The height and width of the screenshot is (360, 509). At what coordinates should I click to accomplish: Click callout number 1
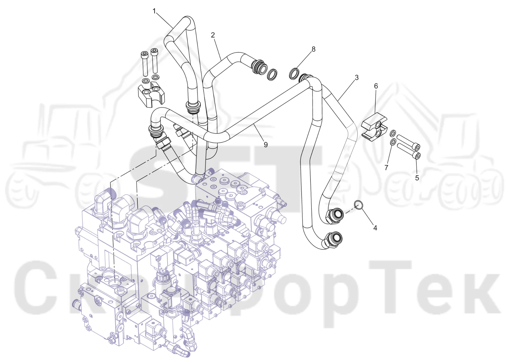[154, 11]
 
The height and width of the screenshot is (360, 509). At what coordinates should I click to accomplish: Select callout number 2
[213, 35]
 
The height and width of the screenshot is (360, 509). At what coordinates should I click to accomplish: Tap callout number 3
[357, 78]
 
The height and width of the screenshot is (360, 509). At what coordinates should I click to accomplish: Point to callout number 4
[375, 228]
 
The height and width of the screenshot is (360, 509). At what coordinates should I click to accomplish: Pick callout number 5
[417, 178]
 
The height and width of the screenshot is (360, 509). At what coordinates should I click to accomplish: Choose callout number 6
[376, 86]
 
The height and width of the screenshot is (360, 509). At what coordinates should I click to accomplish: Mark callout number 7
[386, 168]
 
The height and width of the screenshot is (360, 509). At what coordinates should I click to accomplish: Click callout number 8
[313, 49]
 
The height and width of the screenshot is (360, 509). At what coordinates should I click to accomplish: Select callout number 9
[266, 144]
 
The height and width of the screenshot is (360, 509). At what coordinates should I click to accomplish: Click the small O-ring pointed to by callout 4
[358, 205]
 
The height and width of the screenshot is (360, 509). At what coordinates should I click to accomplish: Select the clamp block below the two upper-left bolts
[151, 95]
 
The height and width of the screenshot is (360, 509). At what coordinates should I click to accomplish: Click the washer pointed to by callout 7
[393, 142]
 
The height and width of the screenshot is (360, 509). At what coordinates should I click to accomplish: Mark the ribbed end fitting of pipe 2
[259, 67]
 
